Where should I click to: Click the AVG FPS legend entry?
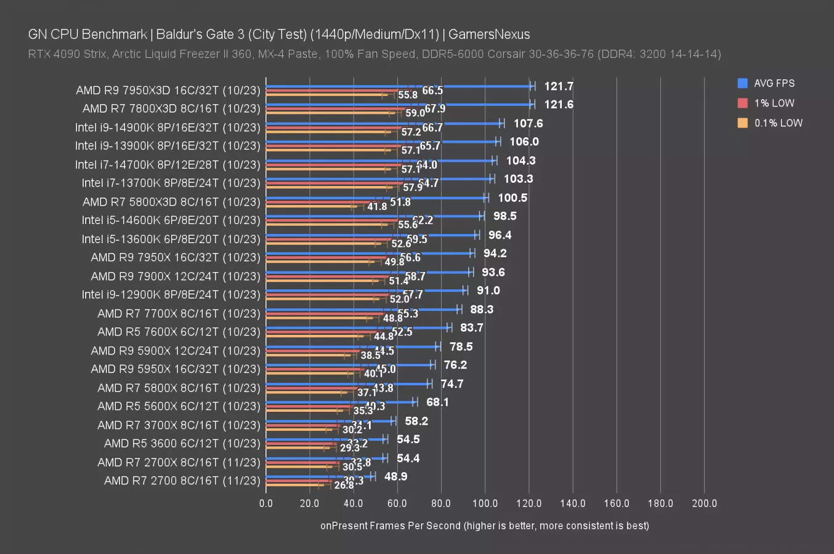click(x=774, y=83)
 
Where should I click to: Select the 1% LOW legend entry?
click(x=774, y=103)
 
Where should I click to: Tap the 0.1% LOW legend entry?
click(x=778, y=122)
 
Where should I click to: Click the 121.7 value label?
click(x=558, y=86)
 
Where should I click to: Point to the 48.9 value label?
click(x=395, y=476)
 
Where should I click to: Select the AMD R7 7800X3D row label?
click(x=171, y=108)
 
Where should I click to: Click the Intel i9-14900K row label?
click(x=168, y=127)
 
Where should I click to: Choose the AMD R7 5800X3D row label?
click(x=171, y=202)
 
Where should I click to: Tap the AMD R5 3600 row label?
click(x=182, y=443)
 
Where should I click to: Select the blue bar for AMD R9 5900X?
click(x=351, y=347)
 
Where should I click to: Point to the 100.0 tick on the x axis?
click(x=485, y=503)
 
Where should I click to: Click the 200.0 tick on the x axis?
click(x=704, y=503)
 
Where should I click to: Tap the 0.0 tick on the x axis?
click(x=265, y=503)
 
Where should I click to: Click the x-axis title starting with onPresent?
click(x=484, y=525)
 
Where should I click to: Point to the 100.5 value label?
click(x=512, y=198)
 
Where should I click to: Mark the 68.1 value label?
click(x=437, y=402)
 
